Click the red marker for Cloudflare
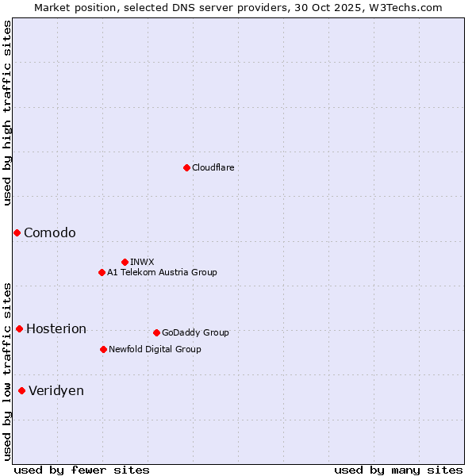tap(186, 167)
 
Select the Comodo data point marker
tap(17, 232)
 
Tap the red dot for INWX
tap(125, 262)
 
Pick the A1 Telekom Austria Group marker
tap(102, 272)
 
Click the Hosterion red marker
tap(19, 328)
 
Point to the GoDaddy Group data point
tap(156, 332)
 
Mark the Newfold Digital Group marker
tap(103, 349)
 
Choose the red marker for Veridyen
tap(21, 390)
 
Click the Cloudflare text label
tap(213, 167)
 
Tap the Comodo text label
tap(50, 232)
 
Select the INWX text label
tap(142, 262)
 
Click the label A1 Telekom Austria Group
tap(162, 272)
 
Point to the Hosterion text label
tap(56, 328)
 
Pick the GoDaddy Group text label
tap(195, 332)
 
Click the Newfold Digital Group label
tap(155, 349)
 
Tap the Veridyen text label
tap(56, 390)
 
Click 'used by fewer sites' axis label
tap(82, 470)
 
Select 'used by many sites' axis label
tap(398, 470)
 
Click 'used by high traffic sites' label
tap(7, 113)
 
